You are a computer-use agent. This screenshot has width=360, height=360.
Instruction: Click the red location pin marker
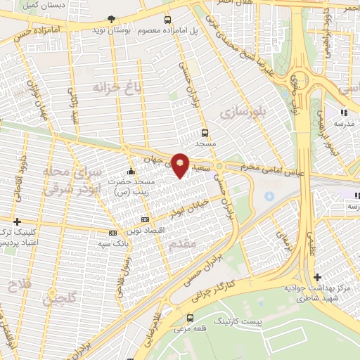click(180, 165)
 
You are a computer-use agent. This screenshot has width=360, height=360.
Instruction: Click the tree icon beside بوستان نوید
click(112, 20)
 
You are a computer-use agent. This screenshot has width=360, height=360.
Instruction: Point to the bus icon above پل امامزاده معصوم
click(167, 20)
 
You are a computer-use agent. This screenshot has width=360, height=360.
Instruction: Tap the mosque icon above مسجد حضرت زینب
click(131, 171)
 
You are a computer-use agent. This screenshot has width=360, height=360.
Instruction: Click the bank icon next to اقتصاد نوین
click(145, 220)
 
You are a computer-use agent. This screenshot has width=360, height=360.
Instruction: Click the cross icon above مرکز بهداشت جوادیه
click(318, 277)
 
